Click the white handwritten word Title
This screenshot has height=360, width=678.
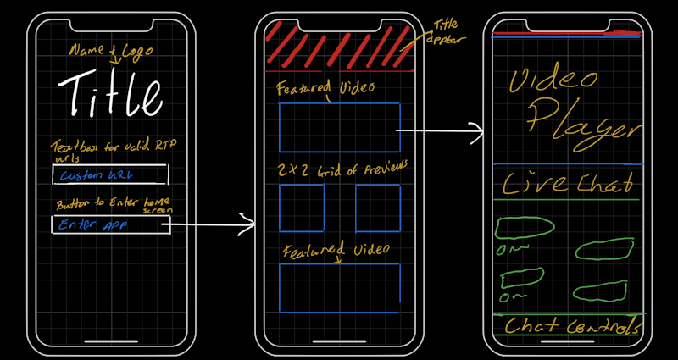pyautogui.click(x=110, y=93)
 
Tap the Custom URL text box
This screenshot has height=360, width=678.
pyautogui.click(x=110, y=174)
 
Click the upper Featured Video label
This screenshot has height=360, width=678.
pyautogui.click(x=326, y=88)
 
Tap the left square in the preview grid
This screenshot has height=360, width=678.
pyautogui.click(x=302, y=208)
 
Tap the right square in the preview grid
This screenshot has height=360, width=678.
pyautogui.click(x=377, y=208)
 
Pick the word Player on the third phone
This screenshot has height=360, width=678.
pyautogui.click(x=583, y=123)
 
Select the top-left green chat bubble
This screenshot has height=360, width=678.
pyautogui.click(x=525, y=226)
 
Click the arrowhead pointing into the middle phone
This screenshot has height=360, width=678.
pyautogui.click(x=249, y=224)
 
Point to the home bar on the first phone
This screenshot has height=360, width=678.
pyautogui.click(x=111, y=342)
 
